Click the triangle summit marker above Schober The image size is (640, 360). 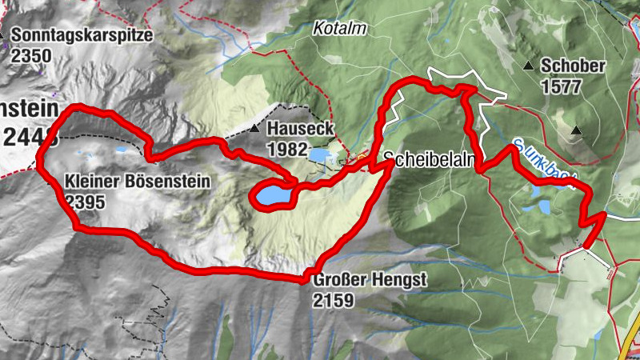[529, 65]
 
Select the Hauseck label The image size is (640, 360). [295, 128]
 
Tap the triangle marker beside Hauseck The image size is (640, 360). [254, 128]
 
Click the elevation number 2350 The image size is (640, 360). [32, 55]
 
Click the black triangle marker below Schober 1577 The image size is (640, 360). [576, 129]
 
